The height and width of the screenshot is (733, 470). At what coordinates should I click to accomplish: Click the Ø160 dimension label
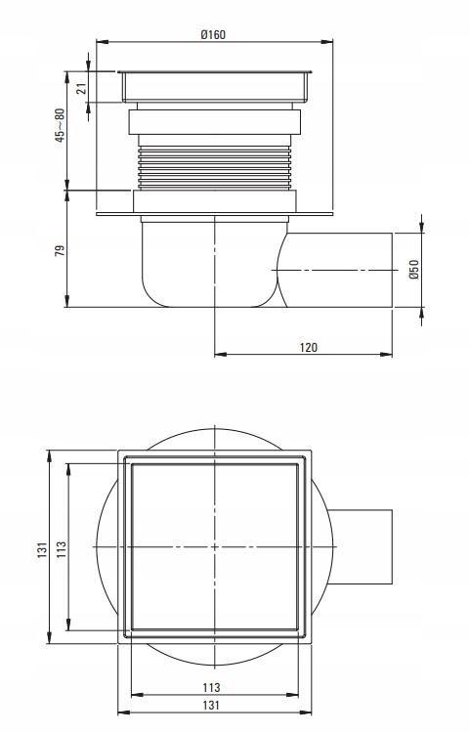pos(213,34)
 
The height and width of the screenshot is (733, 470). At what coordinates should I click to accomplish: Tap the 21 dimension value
pos(82,88)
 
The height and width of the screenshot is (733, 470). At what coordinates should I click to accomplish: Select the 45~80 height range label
pos(60,125)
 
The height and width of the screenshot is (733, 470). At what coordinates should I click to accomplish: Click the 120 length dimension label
pos(309,347)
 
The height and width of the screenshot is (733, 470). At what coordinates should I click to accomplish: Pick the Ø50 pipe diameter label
pos(413,270)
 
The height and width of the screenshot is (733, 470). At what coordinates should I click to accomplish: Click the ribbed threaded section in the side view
pos(214,166)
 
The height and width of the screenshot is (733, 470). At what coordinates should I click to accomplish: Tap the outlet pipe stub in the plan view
pos(362,547)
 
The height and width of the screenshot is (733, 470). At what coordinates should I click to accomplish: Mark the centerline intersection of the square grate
pos(214,547)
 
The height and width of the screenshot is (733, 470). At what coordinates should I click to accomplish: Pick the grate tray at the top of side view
pos(214,86)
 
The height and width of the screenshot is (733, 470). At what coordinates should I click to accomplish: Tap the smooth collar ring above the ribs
pos(214,124)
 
